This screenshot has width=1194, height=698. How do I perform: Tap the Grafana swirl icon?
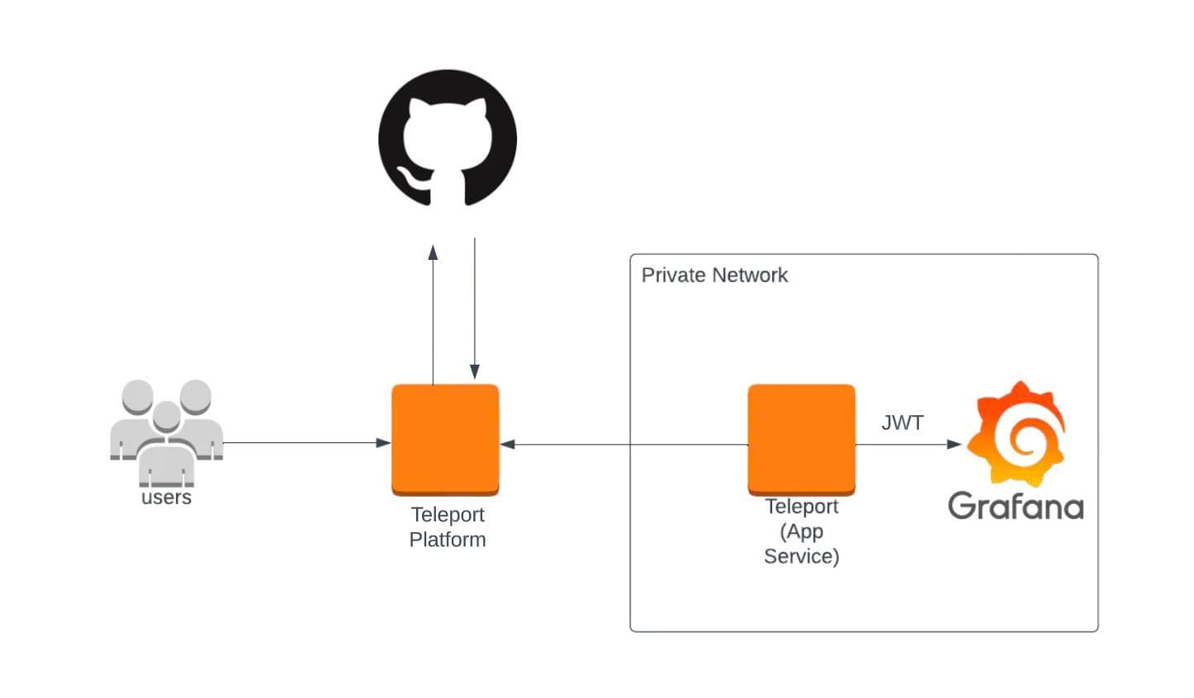(x=1017, y=434)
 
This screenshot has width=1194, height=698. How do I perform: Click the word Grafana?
(x=1015, y=506)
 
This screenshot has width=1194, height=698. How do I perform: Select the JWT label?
(x=902, y=423)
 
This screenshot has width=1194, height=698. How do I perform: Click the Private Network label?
(x=714, y=276)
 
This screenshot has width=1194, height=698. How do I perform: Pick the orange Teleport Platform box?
(x=445, y=439)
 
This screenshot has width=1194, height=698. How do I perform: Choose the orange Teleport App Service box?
(x=801, y=439)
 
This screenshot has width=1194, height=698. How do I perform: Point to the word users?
(x=166, y=498)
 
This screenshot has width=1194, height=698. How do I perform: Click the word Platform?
(x=448, y=540)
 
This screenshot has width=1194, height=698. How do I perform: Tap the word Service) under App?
(x=801, y=556)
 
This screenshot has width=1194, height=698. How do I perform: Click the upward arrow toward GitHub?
(x=433, y=314)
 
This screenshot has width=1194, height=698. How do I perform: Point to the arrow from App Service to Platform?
(x=628, y=444)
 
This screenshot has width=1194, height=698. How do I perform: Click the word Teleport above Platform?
(x=448, y=515)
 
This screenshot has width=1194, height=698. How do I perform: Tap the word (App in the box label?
(x=801, y=531)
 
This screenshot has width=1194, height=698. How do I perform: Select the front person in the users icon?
(x=167, y=446)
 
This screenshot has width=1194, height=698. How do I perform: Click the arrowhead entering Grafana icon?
(x=955, y=444)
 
